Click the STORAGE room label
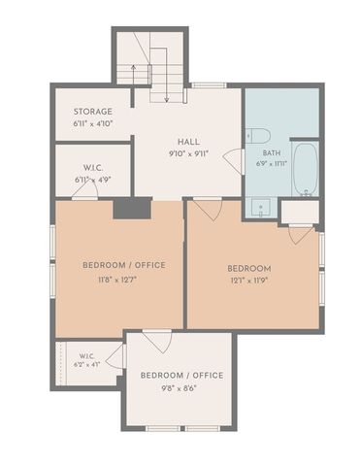(x=93, y=112)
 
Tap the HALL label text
(x=188, y=142)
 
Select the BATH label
(x=272, y=153)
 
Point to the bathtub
(x=306, y=169)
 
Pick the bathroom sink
(x=260, y=207)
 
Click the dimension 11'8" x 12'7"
(x=117, y=280)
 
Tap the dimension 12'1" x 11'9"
(x=249, y=281)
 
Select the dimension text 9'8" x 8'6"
(x=180, y=388)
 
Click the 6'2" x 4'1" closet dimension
(x=87, y=364)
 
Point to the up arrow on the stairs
(x=133, y=75)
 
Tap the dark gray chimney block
(x=132, y=209)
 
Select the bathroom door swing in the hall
(x=233, y=161)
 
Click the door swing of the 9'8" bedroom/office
(x=157, y=342)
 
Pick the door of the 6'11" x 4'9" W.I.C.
(x=84, y=192)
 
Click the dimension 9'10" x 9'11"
(x=188, y=153)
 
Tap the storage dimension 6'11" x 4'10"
(x=93, y=123)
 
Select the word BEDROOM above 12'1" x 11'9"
(x=249, y=269)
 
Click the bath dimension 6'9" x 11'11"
(x=272, y=164)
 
